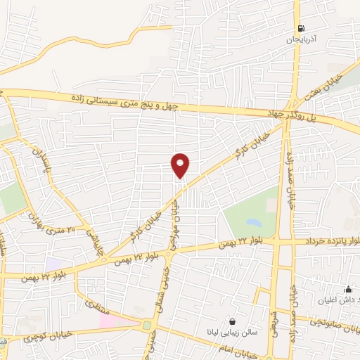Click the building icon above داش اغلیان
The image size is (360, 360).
coord(347,289)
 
